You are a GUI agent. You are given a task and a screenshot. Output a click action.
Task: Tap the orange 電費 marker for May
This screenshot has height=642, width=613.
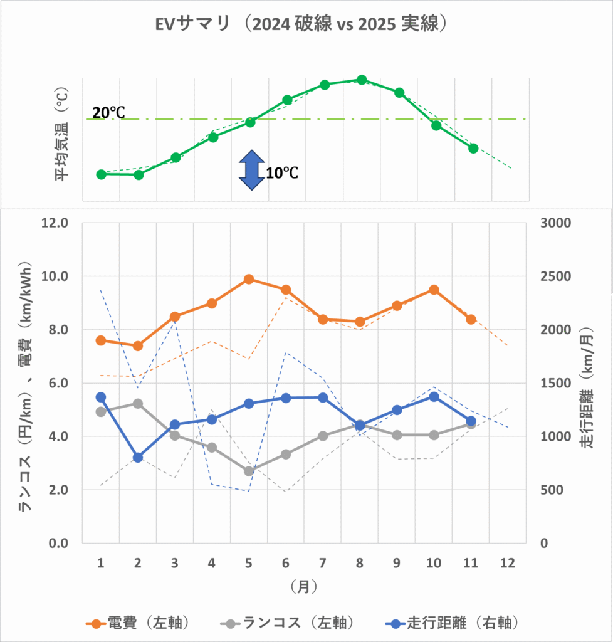(x=249, y=279)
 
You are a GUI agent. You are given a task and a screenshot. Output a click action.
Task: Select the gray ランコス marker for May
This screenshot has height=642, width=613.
(x=249, y=471)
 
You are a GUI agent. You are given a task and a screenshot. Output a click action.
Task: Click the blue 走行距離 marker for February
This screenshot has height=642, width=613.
(x=138, y=458)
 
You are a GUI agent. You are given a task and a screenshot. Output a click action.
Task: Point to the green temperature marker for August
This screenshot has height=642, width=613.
(x=361, y=80)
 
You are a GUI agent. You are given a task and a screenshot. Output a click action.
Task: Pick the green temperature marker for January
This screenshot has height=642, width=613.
(x=101, y=174)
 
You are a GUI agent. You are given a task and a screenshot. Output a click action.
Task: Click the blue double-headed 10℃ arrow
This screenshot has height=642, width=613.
(x=249, y=170)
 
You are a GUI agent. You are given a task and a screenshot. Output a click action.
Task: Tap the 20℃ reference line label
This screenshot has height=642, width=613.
(x=108, y=113)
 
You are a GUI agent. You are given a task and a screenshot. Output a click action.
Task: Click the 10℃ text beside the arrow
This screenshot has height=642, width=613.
(x=281, y=173)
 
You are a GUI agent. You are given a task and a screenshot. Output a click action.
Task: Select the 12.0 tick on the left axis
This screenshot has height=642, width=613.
(x=56, y=223)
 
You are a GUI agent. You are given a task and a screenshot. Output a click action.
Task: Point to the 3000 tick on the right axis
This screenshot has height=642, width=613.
(x=555, y=223)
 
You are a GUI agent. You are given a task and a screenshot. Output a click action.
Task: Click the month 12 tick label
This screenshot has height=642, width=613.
(x=508, y=563)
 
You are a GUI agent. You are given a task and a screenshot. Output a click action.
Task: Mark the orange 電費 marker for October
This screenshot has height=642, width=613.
(x=434, y=290)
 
